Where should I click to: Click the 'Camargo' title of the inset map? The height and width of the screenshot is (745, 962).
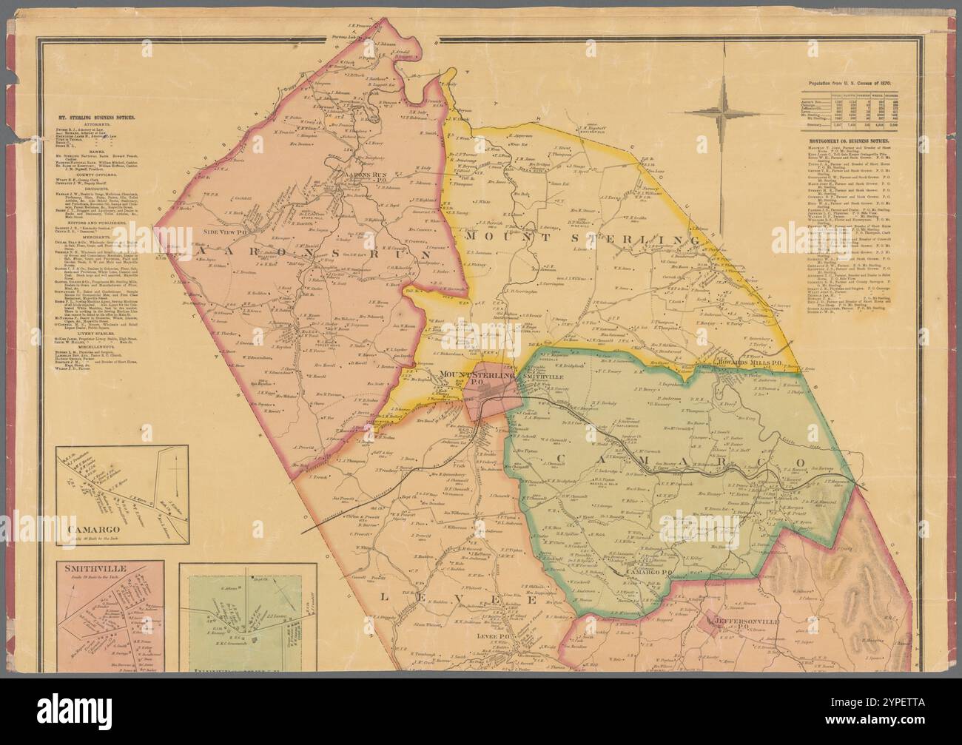pyautogui.click(x=94, y=530)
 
